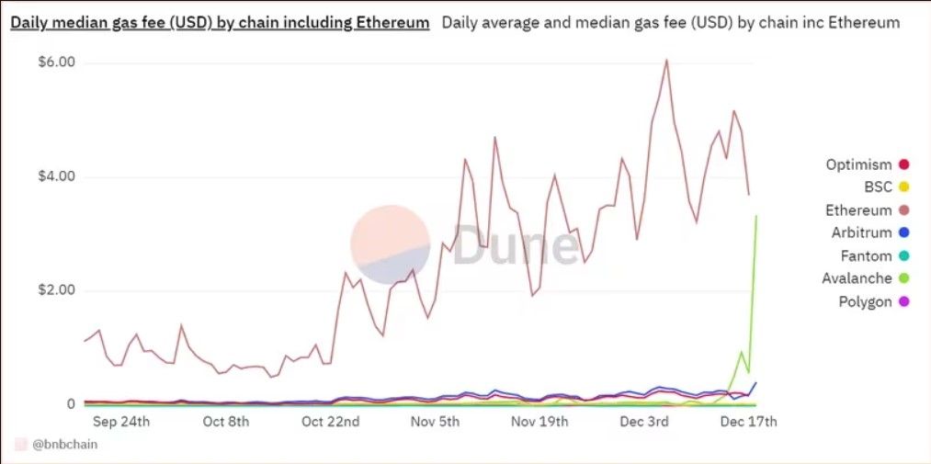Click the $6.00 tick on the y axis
[x=56, y=62]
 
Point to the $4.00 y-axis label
[x=56, y=176]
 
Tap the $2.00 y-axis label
[x=56, y=290]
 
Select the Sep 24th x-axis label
[x=122, y=422]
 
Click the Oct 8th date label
[x=226, y=422]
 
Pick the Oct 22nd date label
[x=330, y=422]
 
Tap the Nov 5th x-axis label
[x=435, y=422]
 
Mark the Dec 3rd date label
[x=645, y=422]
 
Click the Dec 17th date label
[x=749, y=422]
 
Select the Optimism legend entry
[x=858, y=164]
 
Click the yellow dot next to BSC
[x=903, y=187]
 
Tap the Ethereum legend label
[x=858, y=210]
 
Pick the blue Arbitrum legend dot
[x=903, y=233]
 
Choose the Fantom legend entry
[x=866, y=256]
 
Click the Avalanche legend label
[x=857, y=278]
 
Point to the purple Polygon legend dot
[x=903, y=301]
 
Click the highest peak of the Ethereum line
[x=666, y=60]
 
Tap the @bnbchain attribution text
[x=64, y=444]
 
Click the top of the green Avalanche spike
[x=756, y=216]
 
